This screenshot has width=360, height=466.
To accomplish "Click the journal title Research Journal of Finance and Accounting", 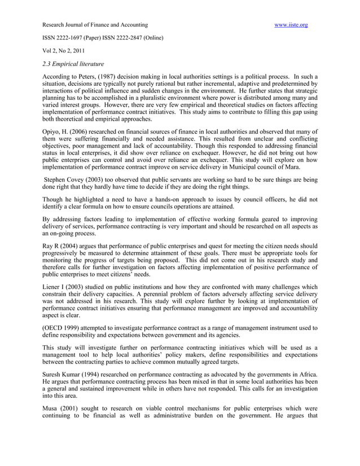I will click(x=95, y=25).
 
